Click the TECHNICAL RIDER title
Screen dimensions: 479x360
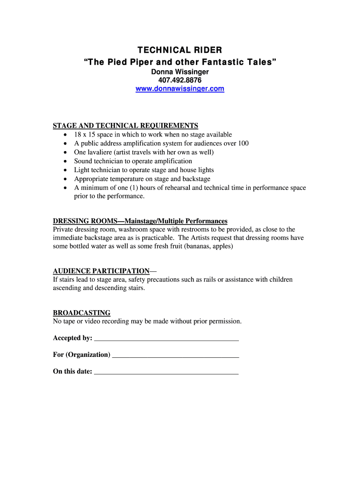pos(180,50)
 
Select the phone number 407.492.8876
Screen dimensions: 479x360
pos(180,80)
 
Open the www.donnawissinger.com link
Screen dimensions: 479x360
pos(180,88)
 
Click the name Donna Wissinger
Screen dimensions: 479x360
pos(180,72)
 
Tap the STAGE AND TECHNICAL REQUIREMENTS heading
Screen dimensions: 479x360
pos(125,125)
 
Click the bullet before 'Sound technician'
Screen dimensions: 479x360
pos(65,161)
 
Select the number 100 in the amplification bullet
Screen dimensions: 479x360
pos(243,144)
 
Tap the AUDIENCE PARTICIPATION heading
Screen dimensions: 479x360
pos(101,271)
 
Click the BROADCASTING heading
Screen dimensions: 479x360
pos(81,313)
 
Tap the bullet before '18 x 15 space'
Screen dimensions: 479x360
pos(65,135)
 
